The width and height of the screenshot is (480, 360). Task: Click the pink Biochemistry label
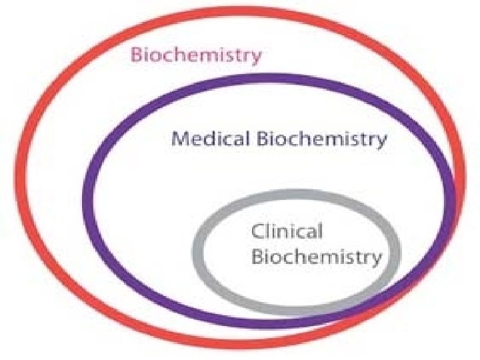(196, 56)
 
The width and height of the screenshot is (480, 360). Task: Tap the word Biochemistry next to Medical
(321, 140)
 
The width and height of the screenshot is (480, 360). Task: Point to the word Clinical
(287, 231)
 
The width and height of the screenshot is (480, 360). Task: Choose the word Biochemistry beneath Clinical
(317, 257)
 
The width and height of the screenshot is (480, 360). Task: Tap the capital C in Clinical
(257, 231)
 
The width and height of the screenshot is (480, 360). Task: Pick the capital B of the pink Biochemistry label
(136, 55)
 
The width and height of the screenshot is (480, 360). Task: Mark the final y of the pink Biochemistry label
(257, 58)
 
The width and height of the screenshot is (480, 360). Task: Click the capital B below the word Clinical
(257, 256)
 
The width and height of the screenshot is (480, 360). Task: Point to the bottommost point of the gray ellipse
(294, 311)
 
